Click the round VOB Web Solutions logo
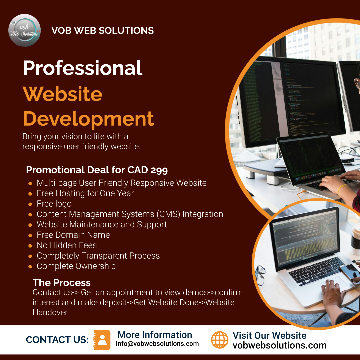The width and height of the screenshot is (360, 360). [24, 30]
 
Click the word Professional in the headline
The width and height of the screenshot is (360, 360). [83, 68]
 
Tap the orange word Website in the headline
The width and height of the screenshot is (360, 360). [62, 94]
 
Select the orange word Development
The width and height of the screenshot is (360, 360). [88, 119]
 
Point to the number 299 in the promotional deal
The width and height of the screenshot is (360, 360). [159, 170]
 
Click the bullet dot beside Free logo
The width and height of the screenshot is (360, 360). [30, 204]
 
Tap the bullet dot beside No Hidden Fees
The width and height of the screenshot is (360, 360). [30, 246]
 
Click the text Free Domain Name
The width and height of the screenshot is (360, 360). [73, 235]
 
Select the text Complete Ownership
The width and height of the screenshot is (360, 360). [76, 266]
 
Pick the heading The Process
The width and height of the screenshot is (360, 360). [62, 283]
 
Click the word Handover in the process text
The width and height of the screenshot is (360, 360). [50, 312]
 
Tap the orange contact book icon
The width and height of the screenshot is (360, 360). [102, 340]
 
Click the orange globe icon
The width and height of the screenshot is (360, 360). [220, 340]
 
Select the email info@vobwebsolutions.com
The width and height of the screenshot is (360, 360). [157, 344]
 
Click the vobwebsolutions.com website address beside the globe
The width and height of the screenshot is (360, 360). [279, 345]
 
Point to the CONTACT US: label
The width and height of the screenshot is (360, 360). [57, 340]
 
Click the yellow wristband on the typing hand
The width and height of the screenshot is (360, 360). [341, 189]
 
